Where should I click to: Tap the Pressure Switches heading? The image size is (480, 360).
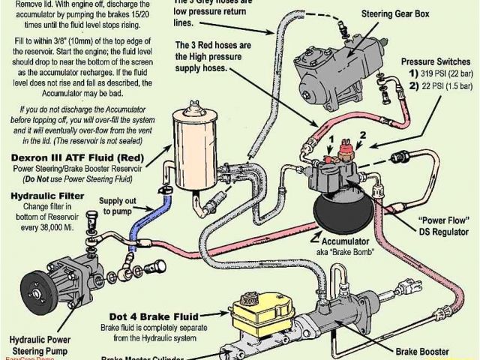436,61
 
